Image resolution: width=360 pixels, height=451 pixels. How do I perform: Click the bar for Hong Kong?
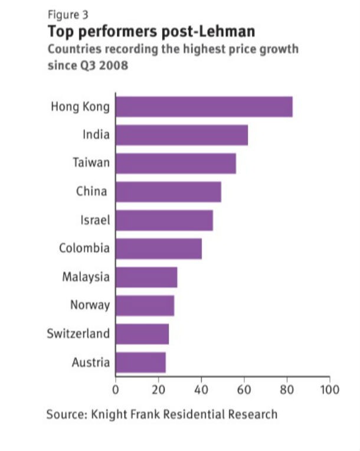pyautogui.click(x=204, y=107)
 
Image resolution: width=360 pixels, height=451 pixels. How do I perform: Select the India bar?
pyautogui.click(x=181, y=135)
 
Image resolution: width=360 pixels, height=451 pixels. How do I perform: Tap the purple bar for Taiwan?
pyautogui.click(x=175, y=163)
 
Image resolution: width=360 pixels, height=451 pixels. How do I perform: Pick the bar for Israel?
pyautogui.click(x=164, y=220)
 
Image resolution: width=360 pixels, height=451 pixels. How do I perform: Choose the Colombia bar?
pyautogui.click(x=158, y=248)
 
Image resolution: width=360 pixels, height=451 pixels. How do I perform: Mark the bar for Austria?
pyautogui.click(x=140, y=362)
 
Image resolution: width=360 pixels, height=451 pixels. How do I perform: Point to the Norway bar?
pyautogui.click(x=145, y=305)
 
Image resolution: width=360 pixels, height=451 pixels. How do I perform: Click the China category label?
pyautogui.click(x=91, y=191)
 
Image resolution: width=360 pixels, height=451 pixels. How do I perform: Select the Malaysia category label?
pyautogui.click(x=86, y=276)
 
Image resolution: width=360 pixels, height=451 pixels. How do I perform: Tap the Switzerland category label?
pyautogui.click(x=78, y=334)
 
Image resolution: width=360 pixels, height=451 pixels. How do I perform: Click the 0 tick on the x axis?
pyautogui.click(x=115, y=390)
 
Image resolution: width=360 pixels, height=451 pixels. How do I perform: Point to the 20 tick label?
pyautogui.click(x=158, y=390)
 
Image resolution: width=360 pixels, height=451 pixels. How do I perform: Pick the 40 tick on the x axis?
pyautogui.click(x=201, y=390)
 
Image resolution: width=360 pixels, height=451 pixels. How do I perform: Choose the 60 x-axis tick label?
pyautogui.click(x=244, y=390)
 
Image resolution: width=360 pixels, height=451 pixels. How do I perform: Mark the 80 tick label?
pyautogui.click(x=287, y=390)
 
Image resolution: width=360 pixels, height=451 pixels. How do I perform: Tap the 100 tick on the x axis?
pyautogui.click(x=329, y=390)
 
